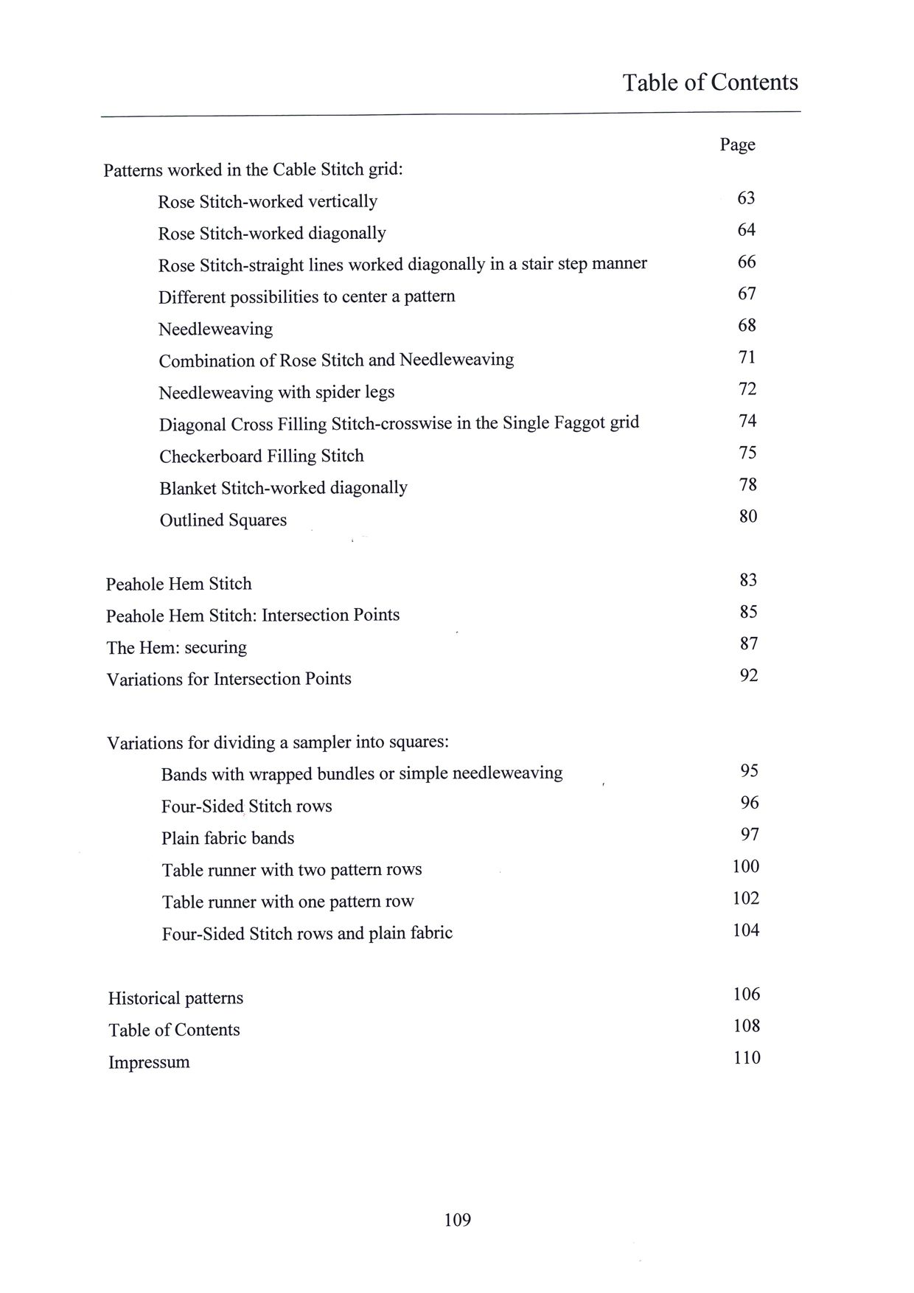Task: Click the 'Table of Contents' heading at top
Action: [710, 82]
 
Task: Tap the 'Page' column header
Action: [737, 144]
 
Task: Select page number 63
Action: [746, 198]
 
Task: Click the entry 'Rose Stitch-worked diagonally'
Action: [272, 234]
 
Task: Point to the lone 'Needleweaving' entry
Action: [215, 329]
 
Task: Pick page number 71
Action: [747, 358]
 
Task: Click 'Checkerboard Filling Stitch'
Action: [262, 456]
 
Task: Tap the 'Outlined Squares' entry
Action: [223, 520]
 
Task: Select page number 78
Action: [747, 485]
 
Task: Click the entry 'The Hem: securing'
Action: [176, 648]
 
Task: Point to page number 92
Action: [748, 676]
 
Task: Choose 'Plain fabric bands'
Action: [228, 839]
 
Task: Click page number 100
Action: [745, 867]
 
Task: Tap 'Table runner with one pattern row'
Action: [288, 902]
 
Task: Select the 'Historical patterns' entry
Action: [175, 999]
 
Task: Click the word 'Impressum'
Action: [149, 1063]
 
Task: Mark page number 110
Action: [747, 1059]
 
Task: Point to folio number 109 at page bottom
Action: [457, 1221]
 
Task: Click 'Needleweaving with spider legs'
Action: [276, 393]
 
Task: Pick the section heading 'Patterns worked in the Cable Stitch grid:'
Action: [254, 170]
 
